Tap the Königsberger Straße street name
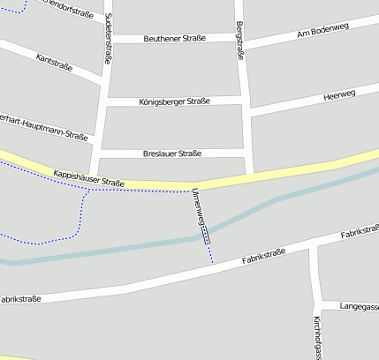click(174, 101)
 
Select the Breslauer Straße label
click(171, 154)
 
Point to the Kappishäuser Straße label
click(88, 178)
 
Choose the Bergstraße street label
click(240, 40)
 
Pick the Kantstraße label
click(55, 62)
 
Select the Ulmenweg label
click(199, 208)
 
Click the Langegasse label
click(359, 306)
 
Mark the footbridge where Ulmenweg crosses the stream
click(206, 234)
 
